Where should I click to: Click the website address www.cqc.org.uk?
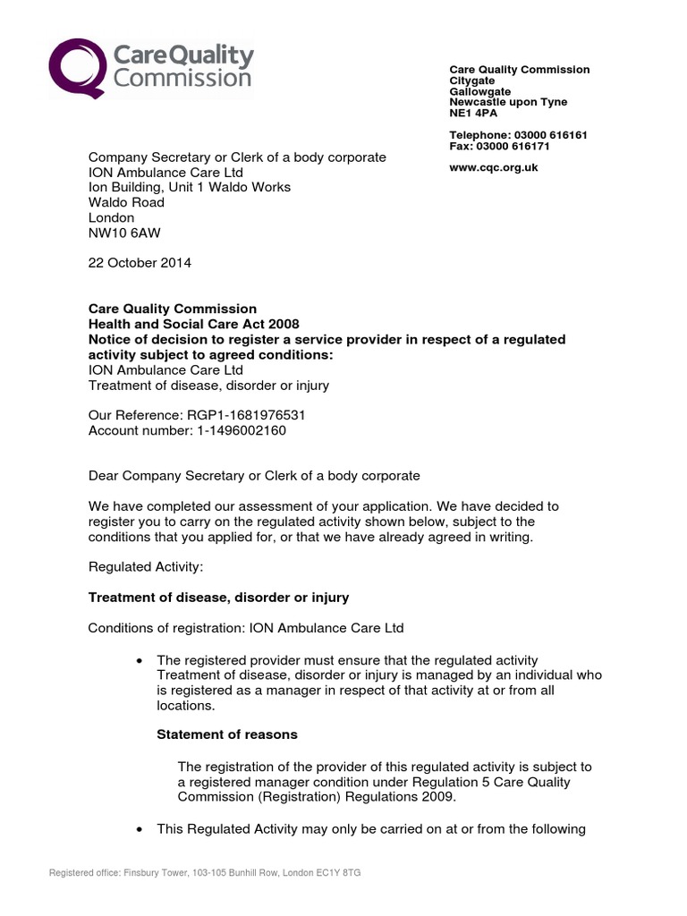click(x=493, y=167)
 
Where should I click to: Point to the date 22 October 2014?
click(x=140, y=263)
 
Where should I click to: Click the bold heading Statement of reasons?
click(x=227, y=734)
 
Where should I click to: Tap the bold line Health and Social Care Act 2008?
click(x=193, y=324)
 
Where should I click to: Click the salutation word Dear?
click(x=105, y=476)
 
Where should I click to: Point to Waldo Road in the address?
click(x=126, y=202)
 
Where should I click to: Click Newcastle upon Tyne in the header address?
click(x=508, y=103)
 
